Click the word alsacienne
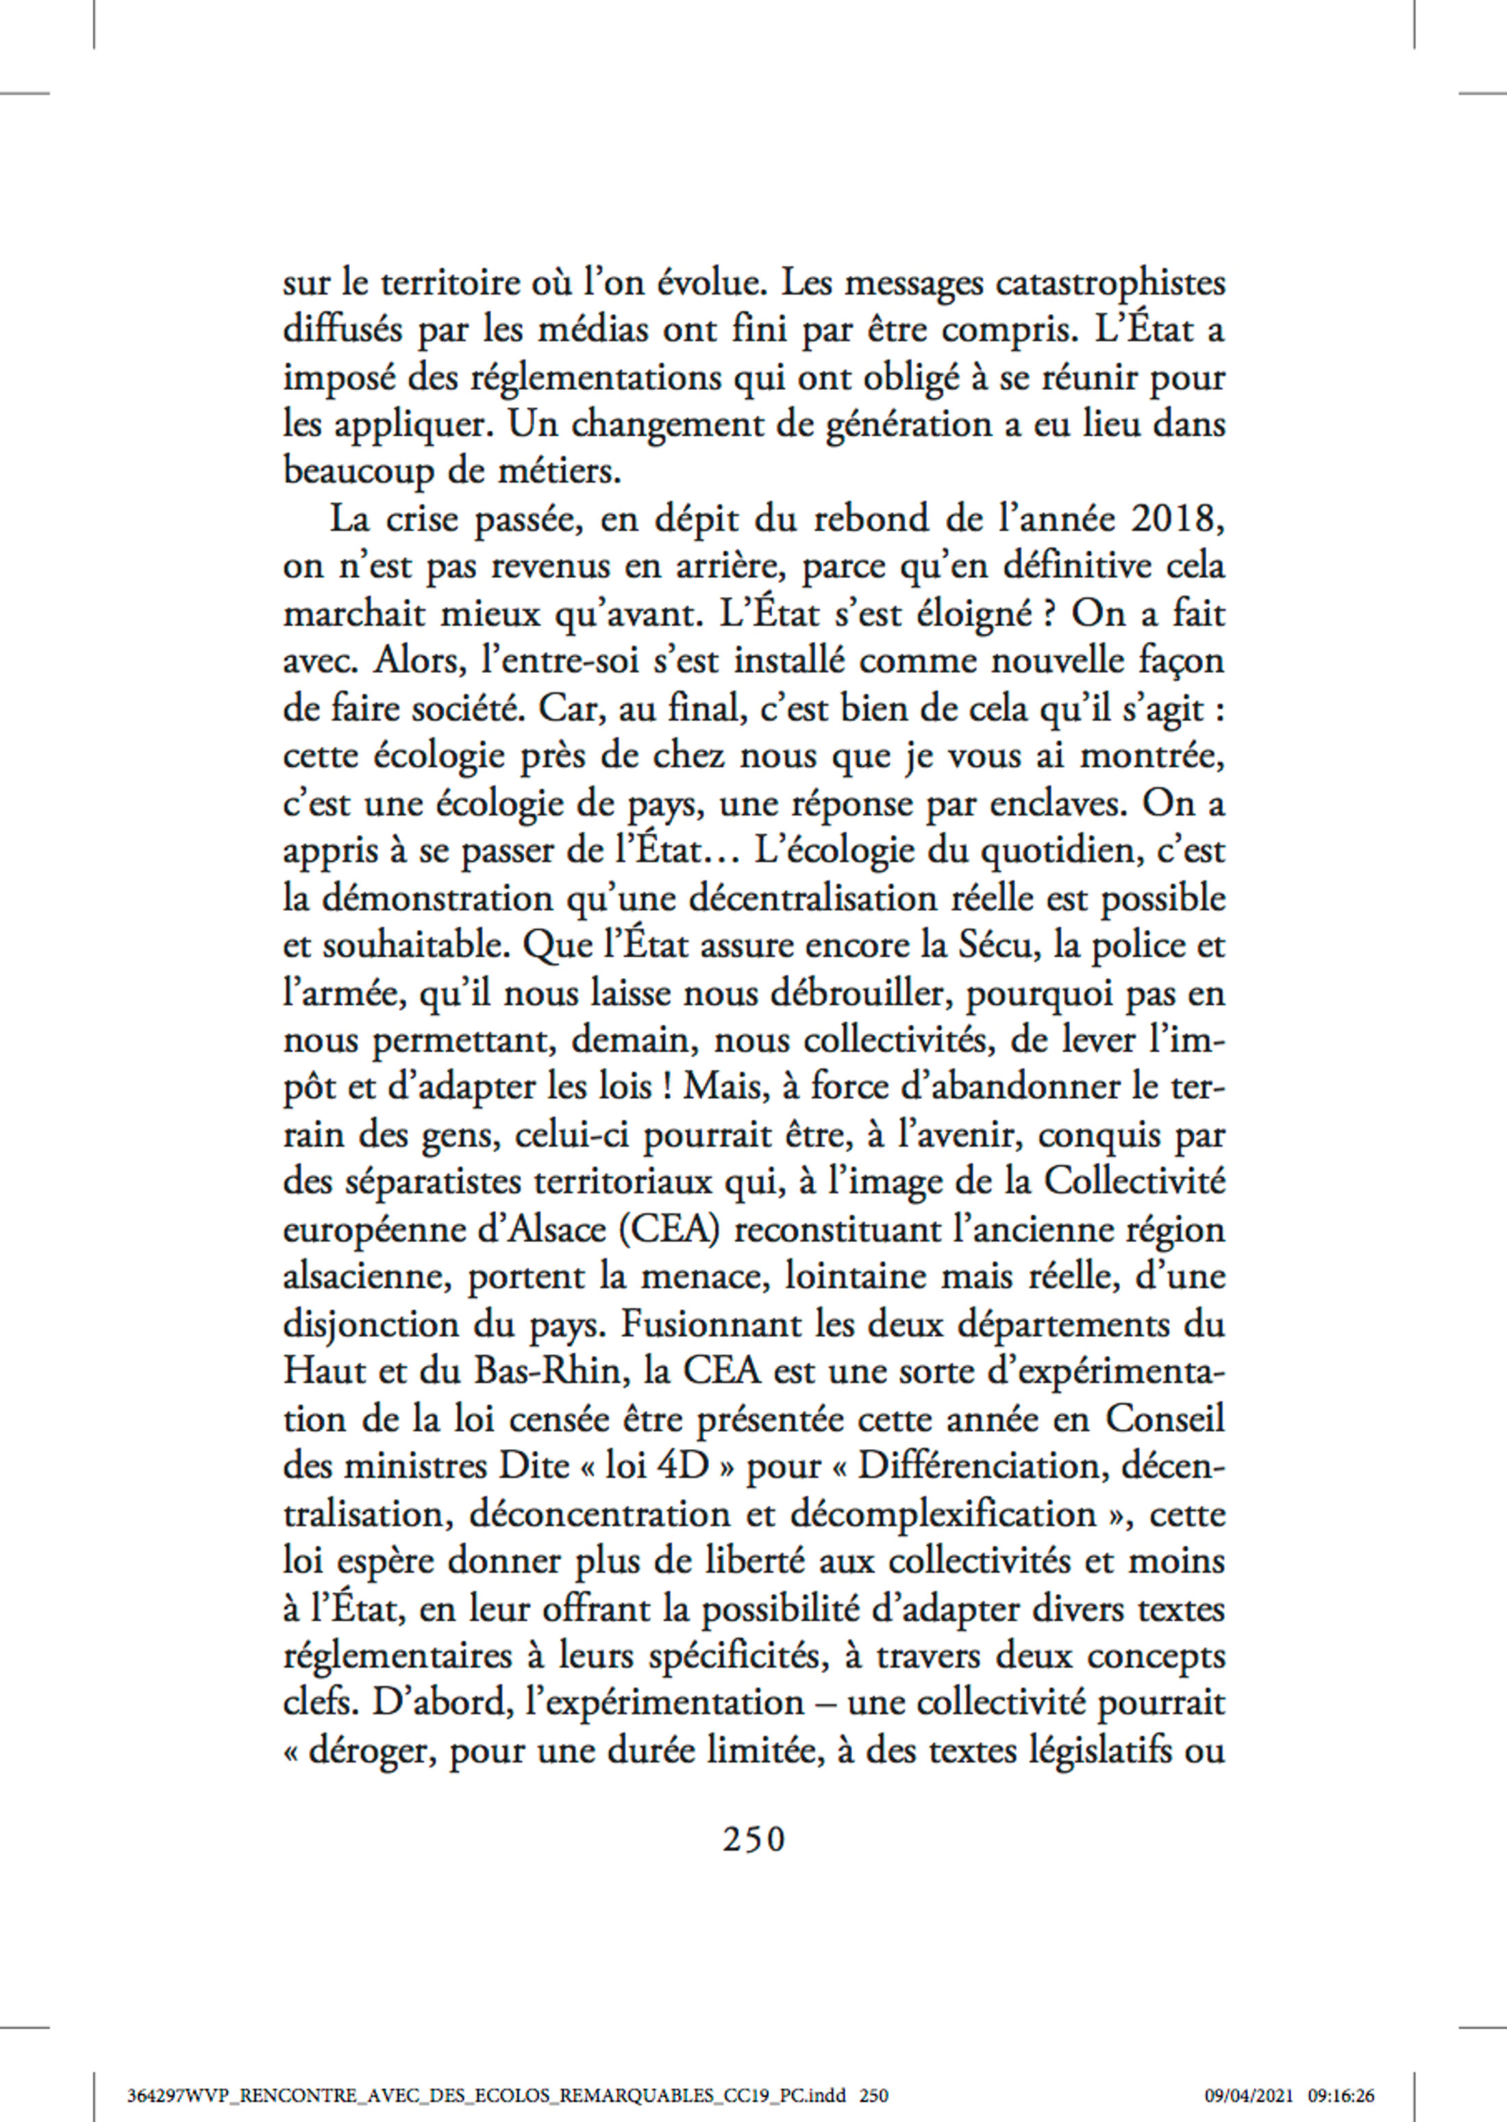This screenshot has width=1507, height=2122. coord(369,1276)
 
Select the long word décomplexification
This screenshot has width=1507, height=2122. coord(943,1514)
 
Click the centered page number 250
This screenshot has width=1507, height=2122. coord(754,1839)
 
